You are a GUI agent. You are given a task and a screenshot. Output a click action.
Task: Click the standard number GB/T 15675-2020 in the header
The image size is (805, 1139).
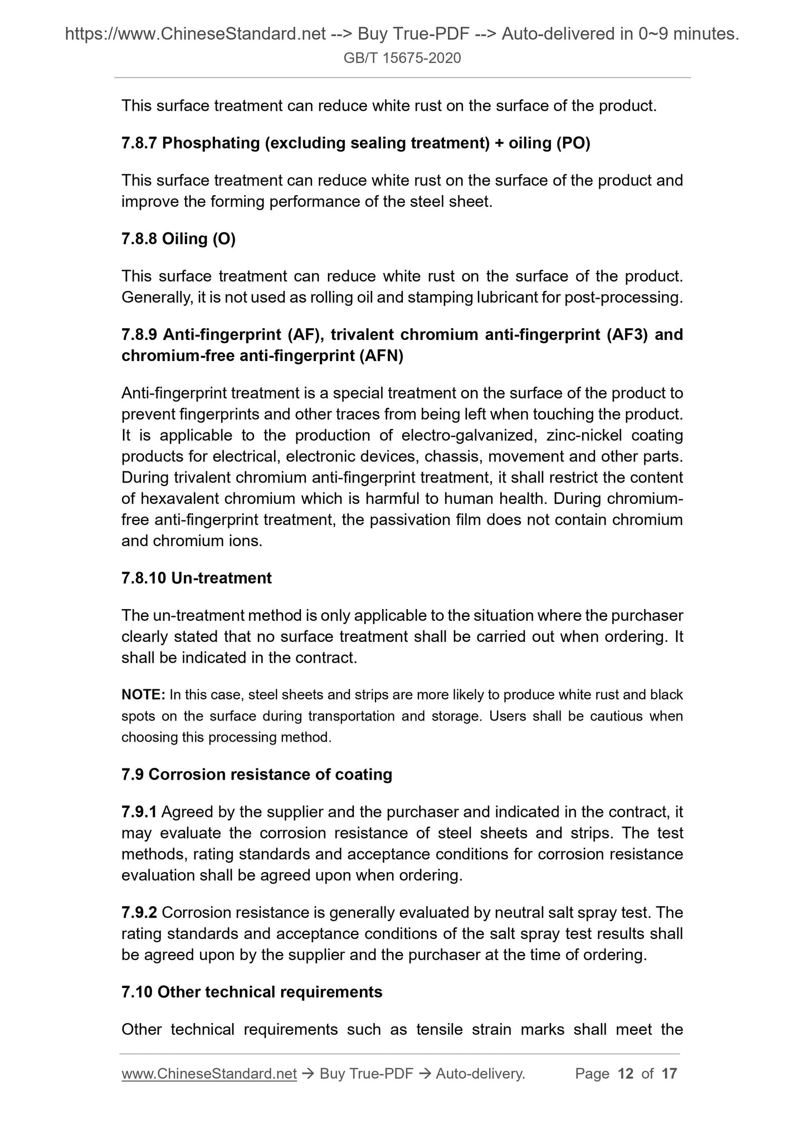(x=402, y=58)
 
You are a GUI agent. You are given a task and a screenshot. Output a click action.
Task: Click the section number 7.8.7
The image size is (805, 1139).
(x=139, y=143)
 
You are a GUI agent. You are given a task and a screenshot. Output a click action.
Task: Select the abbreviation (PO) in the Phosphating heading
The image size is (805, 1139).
(x=573, y=143)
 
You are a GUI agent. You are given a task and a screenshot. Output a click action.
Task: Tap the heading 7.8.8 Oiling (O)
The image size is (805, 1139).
(x=178, y=238)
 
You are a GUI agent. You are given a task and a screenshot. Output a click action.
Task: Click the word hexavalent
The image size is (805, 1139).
(x=173, y=499)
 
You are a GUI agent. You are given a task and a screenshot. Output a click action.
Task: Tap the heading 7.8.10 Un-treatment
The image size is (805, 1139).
(x=196, y=578)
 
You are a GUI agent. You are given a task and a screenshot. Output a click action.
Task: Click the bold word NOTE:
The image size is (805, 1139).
(x=143, y=695)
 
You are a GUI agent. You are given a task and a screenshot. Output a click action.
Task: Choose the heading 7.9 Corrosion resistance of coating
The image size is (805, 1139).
(x=256, y=774)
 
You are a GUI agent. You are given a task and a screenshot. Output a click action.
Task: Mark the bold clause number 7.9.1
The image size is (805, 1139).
(x=139, y=812)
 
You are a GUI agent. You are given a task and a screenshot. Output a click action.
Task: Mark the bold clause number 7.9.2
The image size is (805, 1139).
(x=139, y=913)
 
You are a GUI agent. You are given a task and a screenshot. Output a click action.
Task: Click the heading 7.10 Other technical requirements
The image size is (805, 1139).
(x=252, y=992)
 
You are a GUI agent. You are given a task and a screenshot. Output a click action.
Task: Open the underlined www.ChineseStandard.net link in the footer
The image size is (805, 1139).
(x=209, y=1073)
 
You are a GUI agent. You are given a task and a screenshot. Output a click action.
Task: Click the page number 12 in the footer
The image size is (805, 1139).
(x=626, y=1073)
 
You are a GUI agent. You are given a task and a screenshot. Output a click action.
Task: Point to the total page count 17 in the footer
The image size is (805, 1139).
(x=669, y=1073)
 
